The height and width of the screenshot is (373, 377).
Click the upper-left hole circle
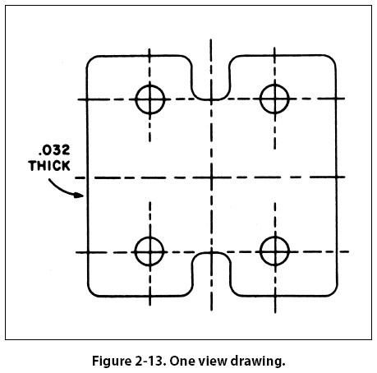click(136, 99)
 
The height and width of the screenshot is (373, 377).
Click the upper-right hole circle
click(260, 99)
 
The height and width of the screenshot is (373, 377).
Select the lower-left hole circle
click(136, 251)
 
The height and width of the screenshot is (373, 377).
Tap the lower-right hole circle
click(260, 251)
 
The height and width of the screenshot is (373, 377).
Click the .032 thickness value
click(54, 150)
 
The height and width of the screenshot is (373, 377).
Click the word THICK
click(49, 166)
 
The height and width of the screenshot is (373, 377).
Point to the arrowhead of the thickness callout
click(80, 195)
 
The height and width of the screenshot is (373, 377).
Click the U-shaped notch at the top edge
click(211, 99)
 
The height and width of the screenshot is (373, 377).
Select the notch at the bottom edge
click(211, 252)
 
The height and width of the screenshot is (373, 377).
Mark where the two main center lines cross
click(211, 177)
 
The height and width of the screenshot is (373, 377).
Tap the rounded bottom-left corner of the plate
click(91, 292)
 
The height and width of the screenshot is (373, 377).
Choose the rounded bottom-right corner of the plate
click(333, 292)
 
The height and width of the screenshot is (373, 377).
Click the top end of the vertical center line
click(210, 39)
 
